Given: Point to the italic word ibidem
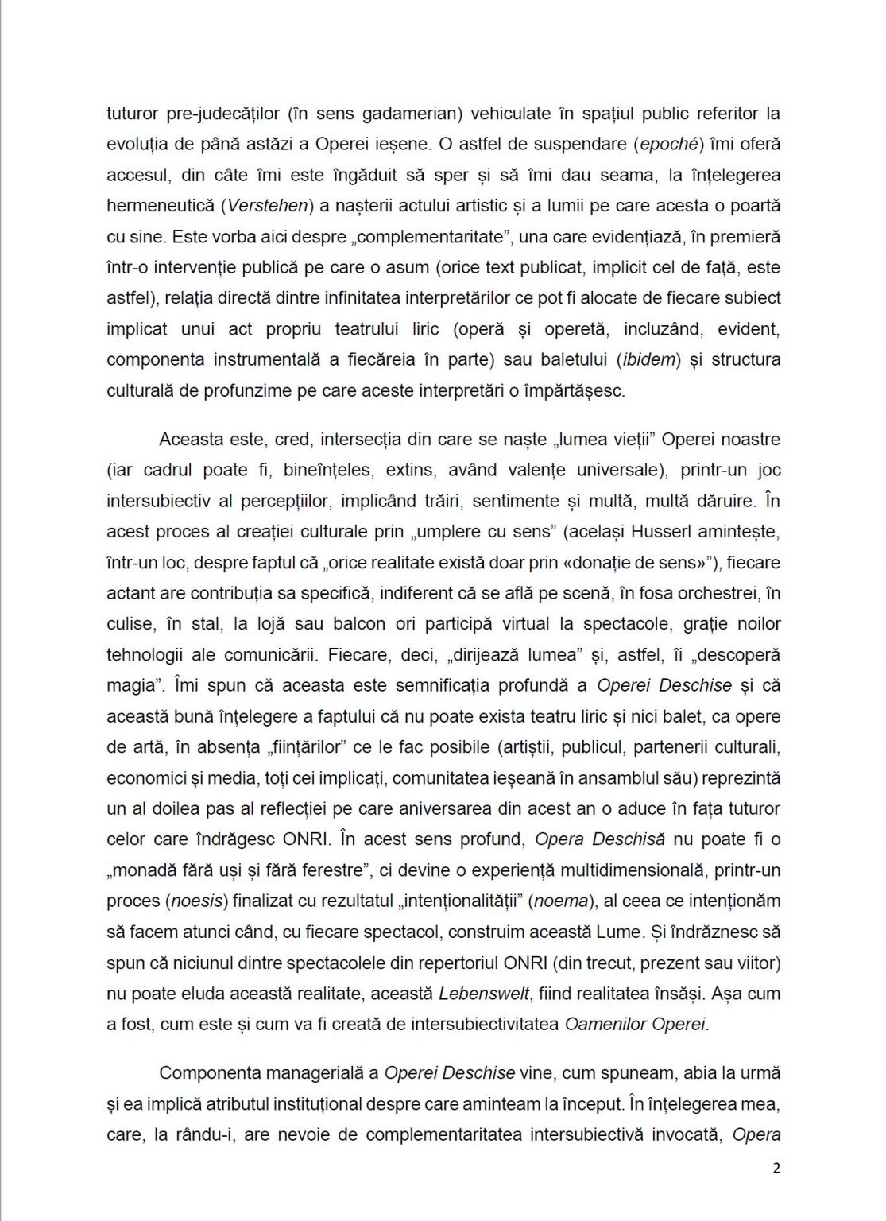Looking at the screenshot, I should (x=648, y=359).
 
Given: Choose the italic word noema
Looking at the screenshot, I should (x=560, y=901).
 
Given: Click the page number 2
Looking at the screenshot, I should (x=776, y=1168).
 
